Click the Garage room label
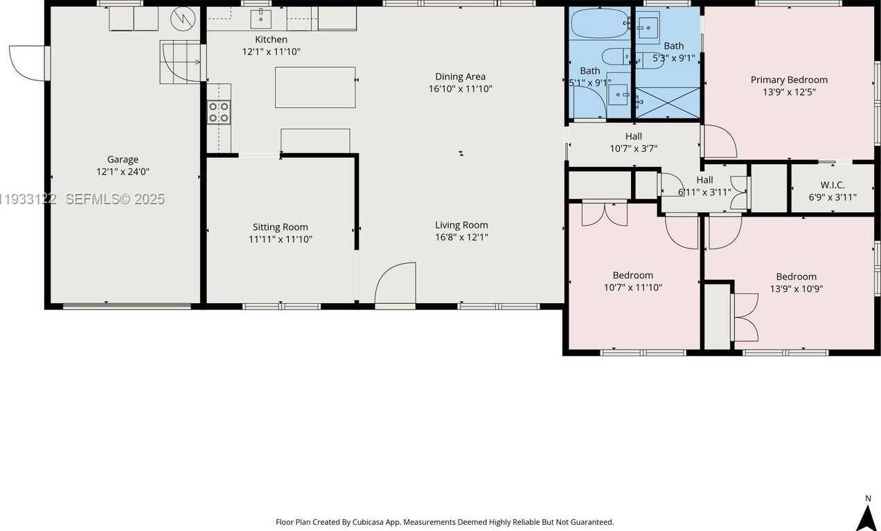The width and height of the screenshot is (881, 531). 123,159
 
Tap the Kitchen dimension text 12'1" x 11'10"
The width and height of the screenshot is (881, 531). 271,52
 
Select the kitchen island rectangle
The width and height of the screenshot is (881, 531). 315,87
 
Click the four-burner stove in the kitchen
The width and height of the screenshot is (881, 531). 220,112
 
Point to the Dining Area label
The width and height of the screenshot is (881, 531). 460,77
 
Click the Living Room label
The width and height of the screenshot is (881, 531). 461,225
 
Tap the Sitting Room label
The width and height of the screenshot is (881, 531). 280,227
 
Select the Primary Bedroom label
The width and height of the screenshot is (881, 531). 789,80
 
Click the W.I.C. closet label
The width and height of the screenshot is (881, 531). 832,185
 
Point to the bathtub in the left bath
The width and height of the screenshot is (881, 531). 598,23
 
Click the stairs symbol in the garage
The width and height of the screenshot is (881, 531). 180,62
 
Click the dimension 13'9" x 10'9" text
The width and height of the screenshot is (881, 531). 796,289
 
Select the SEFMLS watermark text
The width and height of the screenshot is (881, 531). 114,199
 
